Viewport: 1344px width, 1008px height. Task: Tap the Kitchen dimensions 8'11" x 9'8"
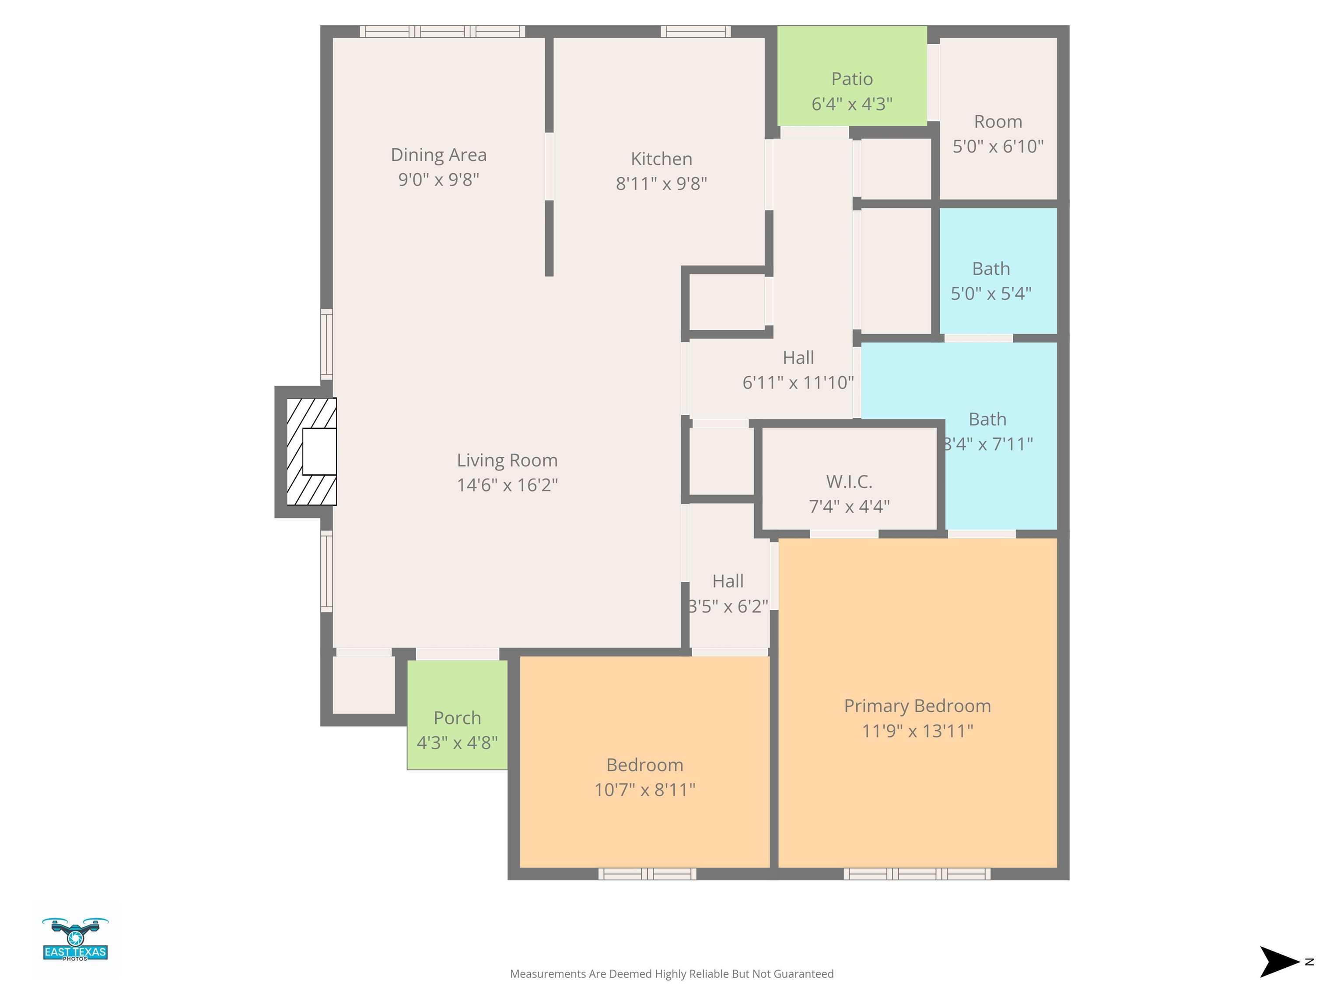661,183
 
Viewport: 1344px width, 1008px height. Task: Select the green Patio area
852,76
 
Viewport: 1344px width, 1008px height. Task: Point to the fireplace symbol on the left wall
311,451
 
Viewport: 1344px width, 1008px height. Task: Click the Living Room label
507,461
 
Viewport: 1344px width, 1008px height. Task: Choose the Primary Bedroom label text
917,706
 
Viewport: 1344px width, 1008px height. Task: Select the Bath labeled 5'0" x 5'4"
998,271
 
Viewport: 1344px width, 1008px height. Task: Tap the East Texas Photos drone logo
75,939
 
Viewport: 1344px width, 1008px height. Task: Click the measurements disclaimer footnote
672,974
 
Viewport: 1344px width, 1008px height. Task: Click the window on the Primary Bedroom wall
917,874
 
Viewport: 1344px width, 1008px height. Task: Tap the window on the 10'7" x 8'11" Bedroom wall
647,874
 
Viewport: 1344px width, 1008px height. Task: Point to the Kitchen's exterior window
696,31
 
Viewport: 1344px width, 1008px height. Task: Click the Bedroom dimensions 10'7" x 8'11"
645,790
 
